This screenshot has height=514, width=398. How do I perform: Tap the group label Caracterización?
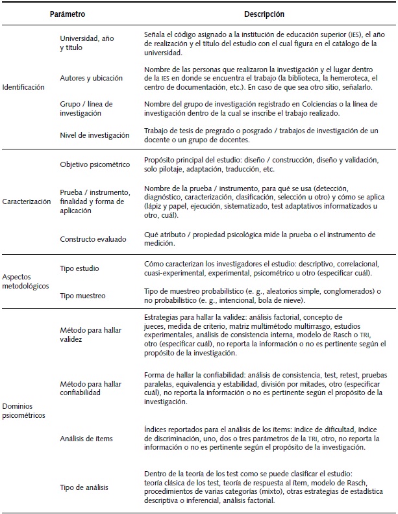tap(27, 201)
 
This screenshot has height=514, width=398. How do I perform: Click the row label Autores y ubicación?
tap(91, 78)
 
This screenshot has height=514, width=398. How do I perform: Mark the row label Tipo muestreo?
tap(82, 296)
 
